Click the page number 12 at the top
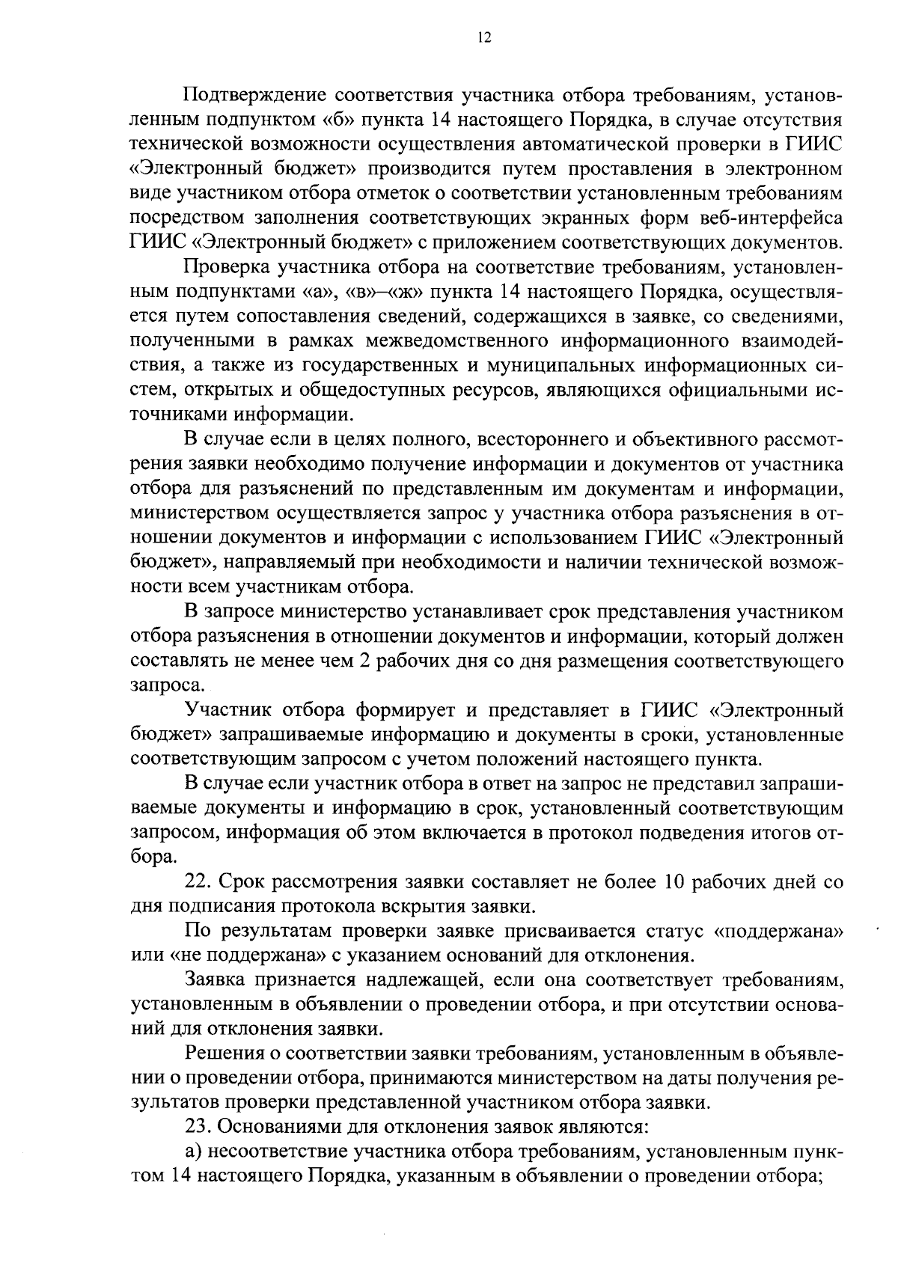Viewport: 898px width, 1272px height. [483, 39]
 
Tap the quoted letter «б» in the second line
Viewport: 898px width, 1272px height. [340, 120]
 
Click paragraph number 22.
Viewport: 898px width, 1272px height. [195, 882]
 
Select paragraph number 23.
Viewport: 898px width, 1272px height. [195, 1128]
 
